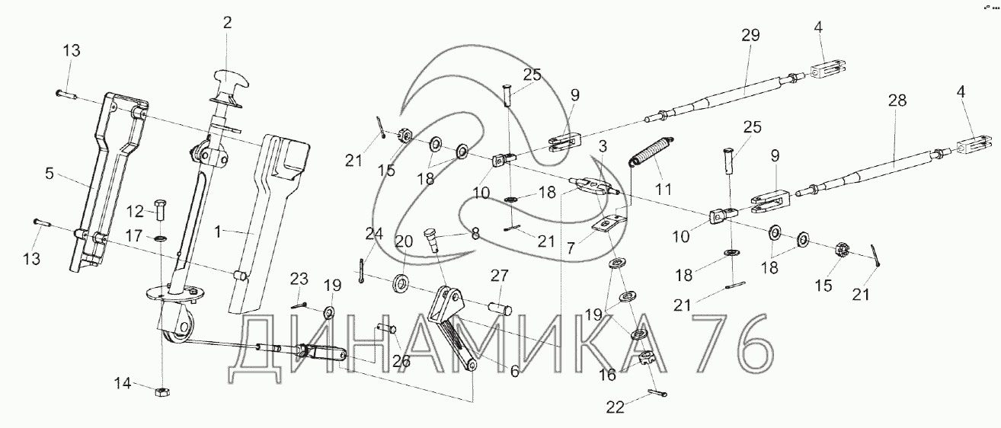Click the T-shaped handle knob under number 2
228,78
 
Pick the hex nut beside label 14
162,391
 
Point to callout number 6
515,372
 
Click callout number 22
615,407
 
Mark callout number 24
373,235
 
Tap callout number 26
401,360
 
